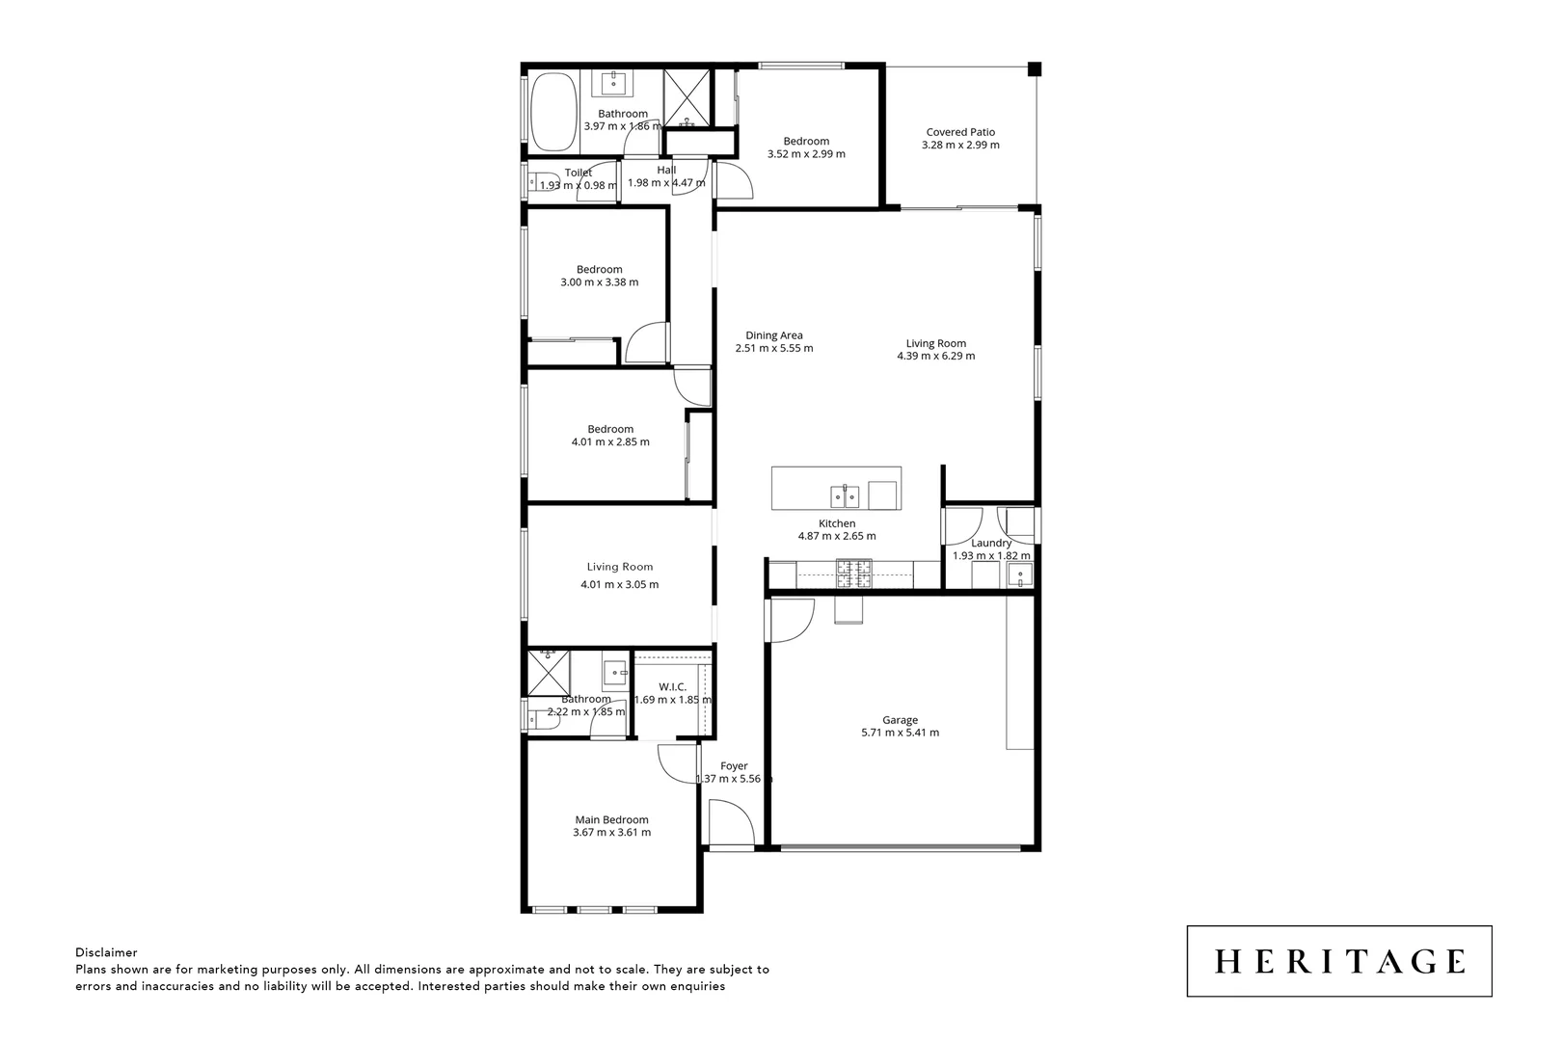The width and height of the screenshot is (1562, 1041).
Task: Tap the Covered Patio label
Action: coord(960,132)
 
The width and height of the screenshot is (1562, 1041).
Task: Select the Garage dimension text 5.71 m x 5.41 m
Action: coord(900,733)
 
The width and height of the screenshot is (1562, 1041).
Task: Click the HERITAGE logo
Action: coord(1338,961)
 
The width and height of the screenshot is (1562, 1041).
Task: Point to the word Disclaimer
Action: coord(106,952)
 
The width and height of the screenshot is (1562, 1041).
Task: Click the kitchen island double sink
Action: coord(845,496)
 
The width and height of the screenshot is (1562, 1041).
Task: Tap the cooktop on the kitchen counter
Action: coord(852,574)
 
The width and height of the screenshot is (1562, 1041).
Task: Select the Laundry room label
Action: coord(991,543)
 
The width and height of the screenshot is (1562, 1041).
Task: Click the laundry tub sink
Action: coord(1019,575)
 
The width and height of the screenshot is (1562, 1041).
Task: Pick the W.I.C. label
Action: coord(672,686)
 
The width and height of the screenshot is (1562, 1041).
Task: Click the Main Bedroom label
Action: coord(611,819)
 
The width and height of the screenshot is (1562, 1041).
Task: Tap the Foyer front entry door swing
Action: coord(728,822)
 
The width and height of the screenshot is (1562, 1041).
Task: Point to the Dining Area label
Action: coord(773,335)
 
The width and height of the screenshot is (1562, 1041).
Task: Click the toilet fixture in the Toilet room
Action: coord(536,179)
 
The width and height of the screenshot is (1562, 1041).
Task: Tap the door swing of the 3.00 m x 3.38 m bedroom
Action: coord(647,343)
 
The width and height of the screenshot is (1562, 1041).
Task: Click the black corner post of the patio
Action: coord(1034,69)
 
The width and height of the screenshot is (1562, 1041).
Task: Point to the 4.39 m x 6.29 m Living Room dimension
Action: coord(935,356)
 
